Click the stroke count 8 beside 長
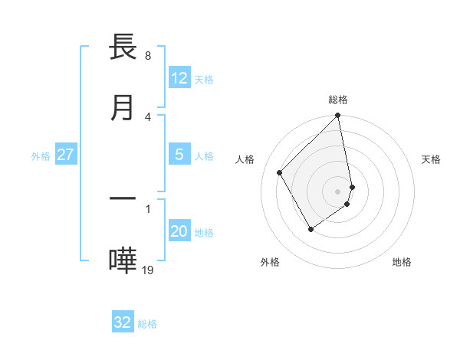point(147,56)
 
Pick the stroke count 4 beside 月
point(147,116)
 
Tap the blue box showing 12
point(179,78)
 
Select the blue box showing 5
point(179,155)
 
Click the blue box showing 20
point(179,231)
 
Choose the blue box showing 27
point(65,155)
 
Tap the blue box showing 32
point(123,322)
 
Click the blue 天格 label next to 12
point(204,80)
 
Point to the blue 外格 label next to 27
point(41,156)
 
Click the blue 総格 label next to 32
point(147,324)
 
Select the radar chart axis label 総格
point(338,100)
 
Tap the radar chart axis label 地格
point(402,262)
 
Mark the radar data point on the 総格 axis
point(338,116)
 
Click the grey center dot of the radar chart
point(338,191)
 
